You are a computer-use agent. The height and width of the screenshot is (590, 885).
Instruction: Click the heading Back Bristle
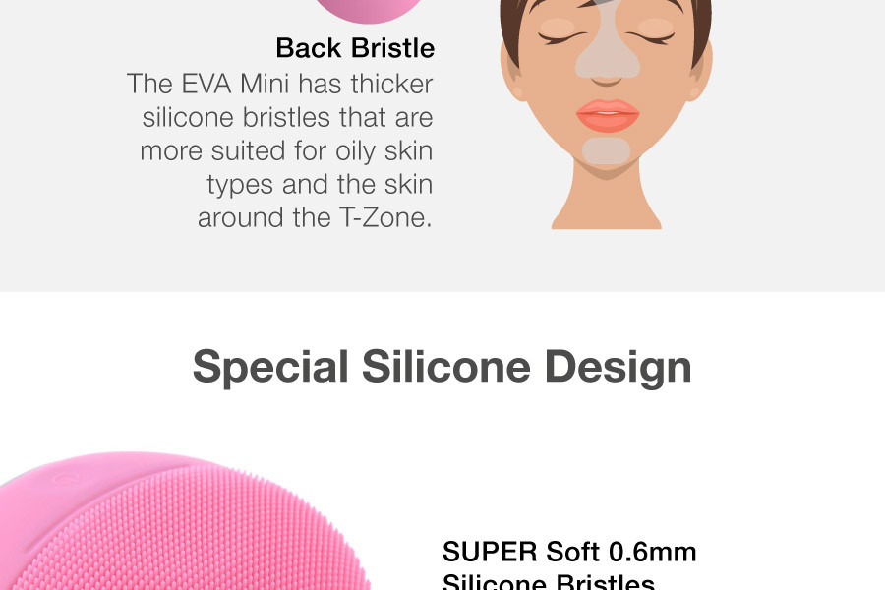(x=354, y=47)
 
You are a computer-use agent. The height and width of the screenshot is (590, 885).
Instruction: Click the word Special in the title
(x=270, y=367)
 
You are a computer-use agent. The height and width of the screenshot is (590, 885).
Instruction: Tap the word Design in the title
(x=618, y=367)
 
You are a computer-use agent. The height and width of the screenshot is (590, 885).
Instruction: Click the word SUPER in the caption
(x=489, y=553)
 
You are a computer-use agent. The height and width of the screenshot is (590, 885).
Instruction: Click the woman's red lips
(x=607, y=115)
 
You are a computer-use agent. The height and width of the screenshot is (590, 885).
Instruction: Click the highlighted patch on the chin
(x=607, y=150)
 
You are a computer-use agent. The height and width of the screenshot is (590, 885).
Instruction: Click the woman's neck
(x=607, y=202)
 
